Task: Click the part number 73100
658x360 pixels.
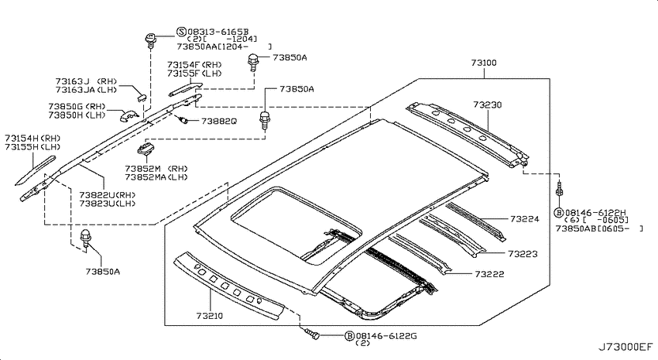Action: coord(483,63)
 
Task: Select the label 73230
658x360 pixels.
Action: coord(487,105)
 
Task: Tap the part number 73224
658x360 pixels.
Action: coord(525,218)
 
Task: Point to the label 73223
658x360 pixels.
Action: coord(523,254)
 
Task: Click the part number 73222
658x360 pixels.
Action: coord(490,274)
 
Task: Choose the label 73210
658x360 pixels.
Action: coord(210,316)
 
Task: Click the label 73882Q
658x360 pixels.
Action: coord(218,121)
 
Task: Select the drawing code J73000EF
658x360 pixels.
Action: coord(625,348)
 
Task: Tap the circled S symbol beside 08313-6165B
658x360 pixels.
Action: coord(181,32)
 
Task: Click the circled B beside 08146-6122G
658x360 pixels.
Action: coord(349,336)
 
